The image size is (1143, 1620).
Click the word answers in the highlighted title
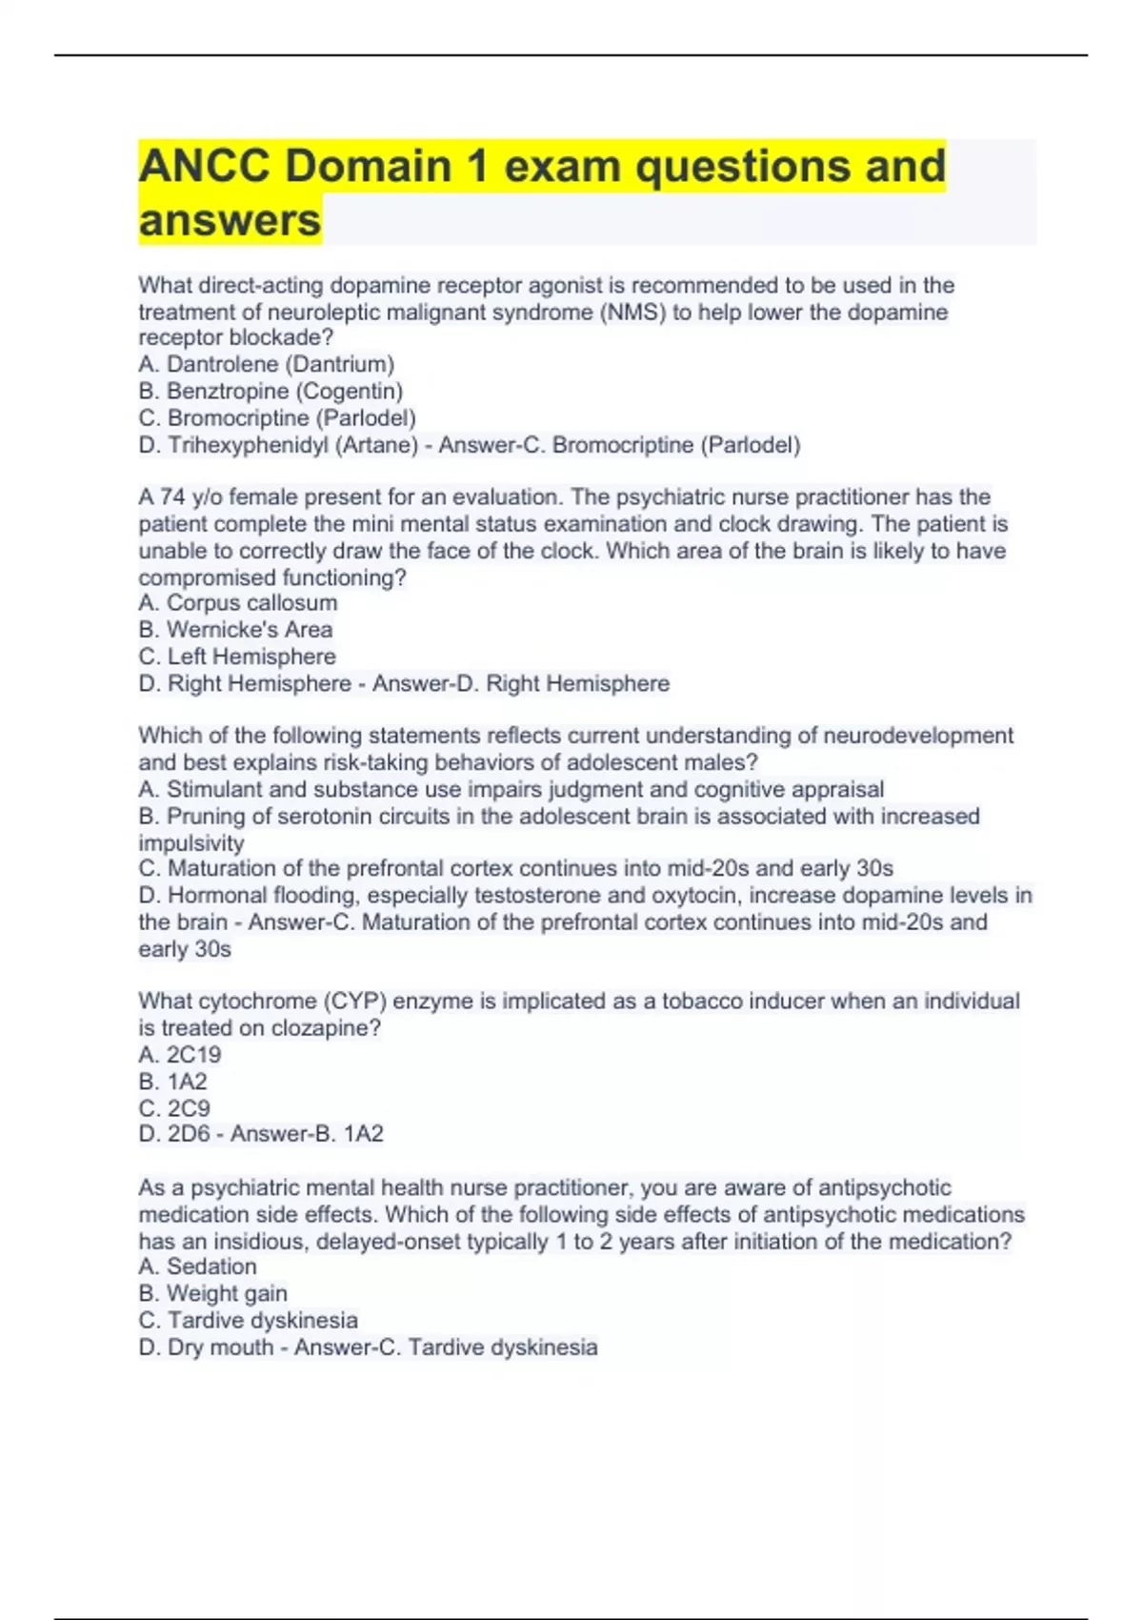(230, 220)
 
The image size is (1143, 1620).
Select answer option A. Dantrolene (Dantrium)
(266, 364)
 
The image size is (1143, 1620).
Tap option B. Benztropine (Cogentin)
(271, 391)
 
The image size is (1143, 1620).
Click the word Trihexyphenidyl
(248, 445)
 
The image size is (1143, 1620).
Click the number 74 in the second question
(172, 496)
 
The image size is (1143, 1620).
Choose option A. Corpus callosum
(237, 602)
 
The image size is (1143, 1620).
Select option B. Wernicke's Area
(235, 629)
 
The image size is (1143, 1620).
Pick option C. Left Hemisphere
(237, 657)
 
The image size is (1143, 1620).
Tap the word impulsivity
(190, 842)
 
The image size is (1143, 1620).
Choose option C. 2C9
(174, 1108)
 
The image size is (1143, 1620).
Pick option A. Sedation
(197, 1266)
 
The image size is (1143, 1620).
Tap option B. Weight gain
(212, 1293)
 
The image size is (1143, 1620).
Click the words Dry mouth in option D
(220, 1347)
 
